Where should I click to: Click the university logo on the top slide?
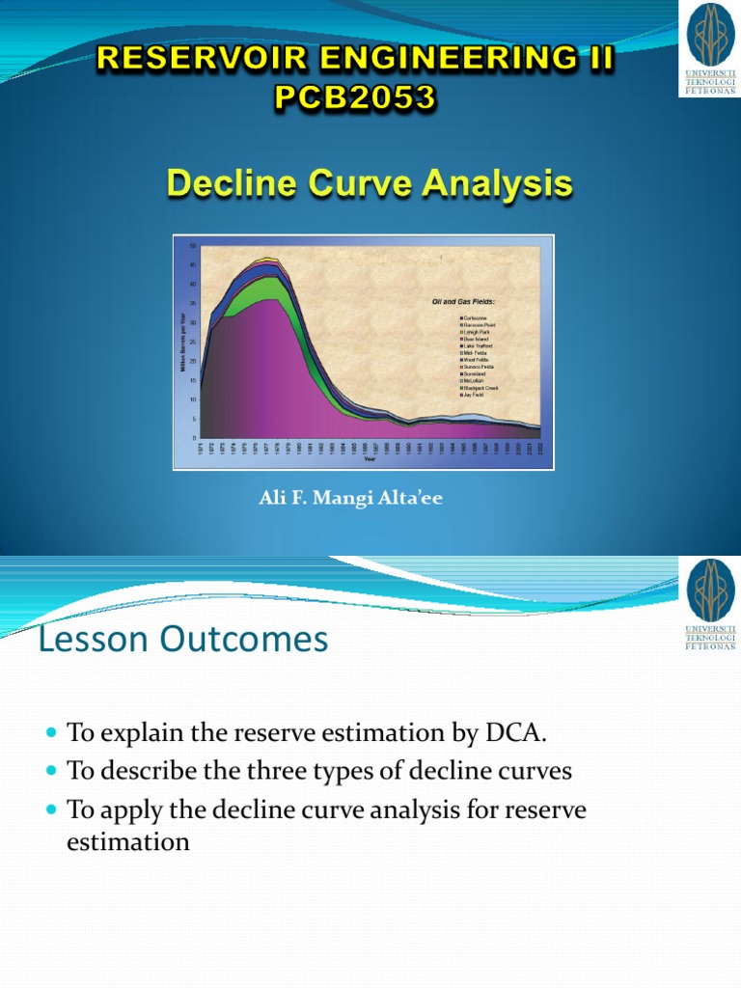pos(709,48)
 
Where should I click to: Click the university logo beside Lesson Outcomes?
pos(709,605)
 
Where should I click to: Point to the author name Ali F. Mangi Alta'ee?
pos(350,499)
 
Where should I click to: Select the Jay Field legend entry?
pos(474,396)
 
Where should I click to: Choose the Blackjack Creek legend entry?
pos(480,388)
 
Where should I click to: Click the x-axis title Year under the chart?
pos(370,459)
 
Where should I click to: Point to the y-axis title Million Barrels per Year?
pos(181,341)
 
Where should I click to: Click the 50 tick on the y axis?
pos(193,245)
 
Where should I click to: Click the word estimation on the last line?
pos(128,841)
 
